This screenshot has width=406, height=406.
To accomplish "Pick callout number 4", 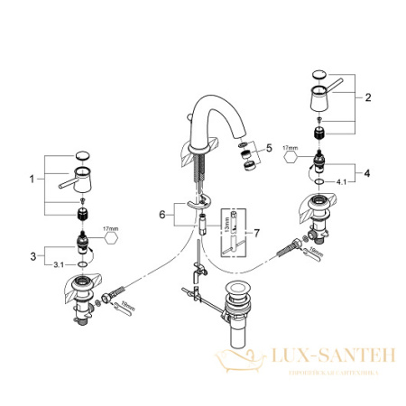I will pos(368,171).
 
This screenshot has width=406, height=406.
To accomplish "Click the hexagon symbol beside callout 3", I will pos(111,237).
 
